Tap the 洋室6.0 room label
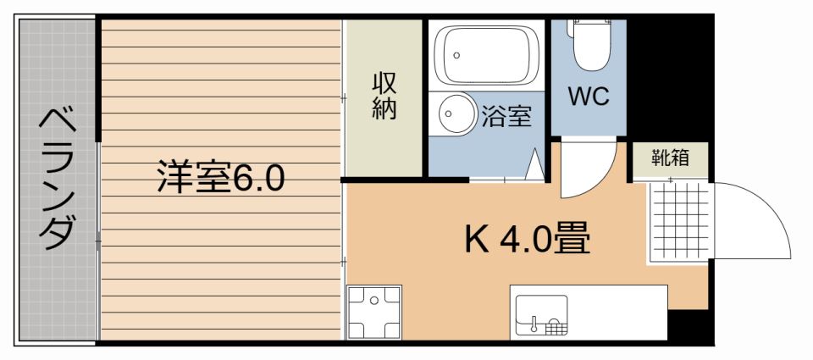point(221,177)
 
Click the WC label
point(589,97)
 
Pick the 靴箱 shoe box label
point(669,158)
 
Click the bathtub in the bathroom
point(484,56)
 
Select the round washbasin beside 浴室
point(457,114)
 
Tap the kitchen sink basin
point(541,315)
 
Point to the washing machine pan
point(373,312)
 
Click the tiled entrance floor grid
point(680,221)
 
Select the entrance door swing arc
point(768,204)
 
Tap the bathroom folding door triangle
point(534,164)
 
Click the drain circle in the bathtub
point(456,54)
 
